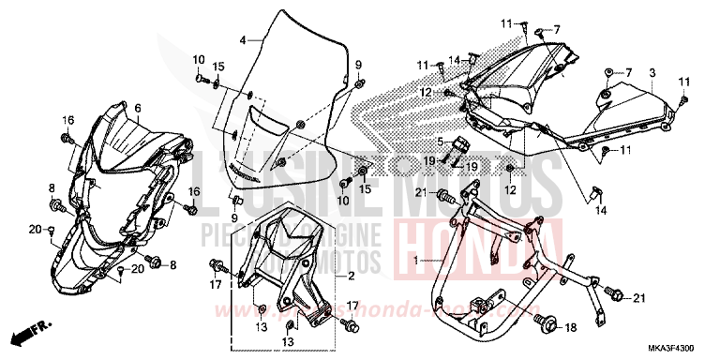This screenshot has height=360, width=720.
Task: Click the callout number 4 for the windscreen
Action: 243,40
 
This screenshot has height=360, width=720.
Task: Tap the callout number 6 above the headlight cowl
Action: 137,109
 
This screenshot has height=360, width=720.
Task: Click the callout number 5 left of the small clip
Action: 438,142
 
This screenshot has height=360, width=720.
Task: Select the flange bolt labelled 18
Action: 547,324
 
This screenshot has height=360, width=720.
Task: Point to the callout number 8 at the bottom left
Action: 52,188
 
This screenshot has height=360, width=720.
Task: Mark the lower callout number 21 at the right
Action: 638,298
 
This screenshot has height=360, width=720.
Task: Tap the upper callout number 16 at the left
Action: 67,120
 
